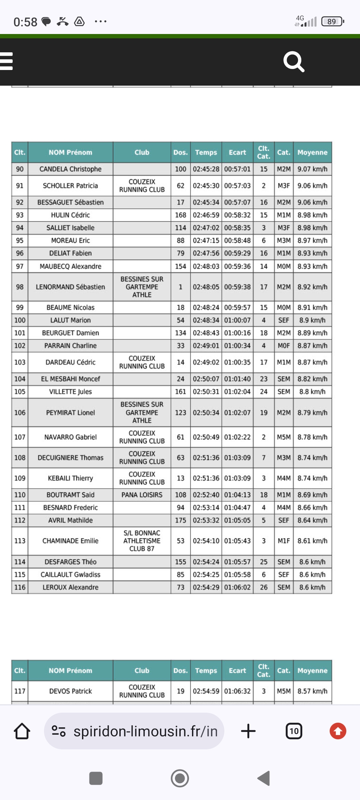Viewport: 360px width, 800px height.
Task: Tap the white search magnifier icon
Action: pos(294,62)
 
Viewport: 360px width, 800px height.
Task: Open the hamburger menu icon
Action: pos(6,61)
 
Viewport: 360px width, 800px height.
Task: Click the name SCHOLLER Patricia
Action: pos(70,186)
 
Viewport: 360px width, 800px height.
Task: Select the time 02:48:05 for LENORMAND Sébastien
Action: pos(206,287)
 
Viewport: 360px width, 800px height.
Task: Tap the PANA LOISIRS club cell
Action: pos(142,495)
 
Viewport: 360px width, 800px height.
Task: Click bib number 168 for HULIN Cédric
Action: pos(180,215)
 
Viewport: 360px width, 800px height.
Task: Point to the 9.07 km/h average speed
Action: pos(312,169)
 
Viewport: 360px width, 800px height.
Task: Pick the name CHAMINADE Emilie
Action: pos(70,541)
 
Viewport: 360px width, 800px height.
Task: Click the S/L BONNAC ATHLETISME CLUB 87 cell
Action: pos(142,541)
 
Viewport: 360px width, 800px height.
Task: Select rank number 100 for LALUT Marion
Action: pos(20,320)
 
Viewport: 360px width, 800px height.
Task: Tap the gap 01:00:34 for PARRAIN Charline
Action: pos(237,346)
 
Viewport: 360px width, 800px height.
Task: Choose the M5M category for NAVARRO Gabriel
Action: pos(284,437)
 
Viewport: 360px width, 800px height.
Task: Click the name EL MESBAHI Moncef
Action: pos(70,379)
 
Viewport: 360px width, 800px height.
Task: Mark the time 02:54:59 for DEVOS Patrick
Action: pos(206,691)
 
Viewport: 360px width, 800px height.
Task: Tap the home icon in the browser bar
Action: pos(22,731)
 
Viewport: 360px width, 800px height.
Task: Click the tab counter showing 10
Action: pos(294,731)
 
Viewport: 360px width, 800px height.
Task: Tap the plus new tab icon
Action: pos(248,731)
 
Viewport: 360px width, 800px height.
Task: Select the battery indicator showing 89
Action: pos(332,22)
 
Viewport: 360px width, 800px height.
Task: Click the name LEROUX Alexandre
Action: pos(70,587)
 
